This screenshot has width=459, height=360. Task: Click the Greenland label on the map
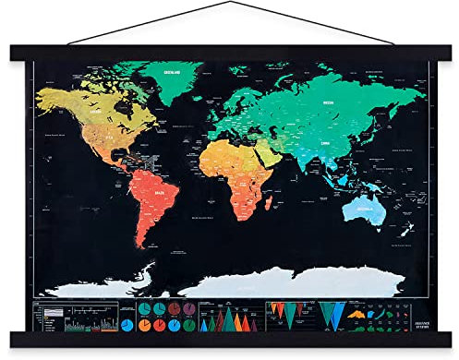172,70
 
